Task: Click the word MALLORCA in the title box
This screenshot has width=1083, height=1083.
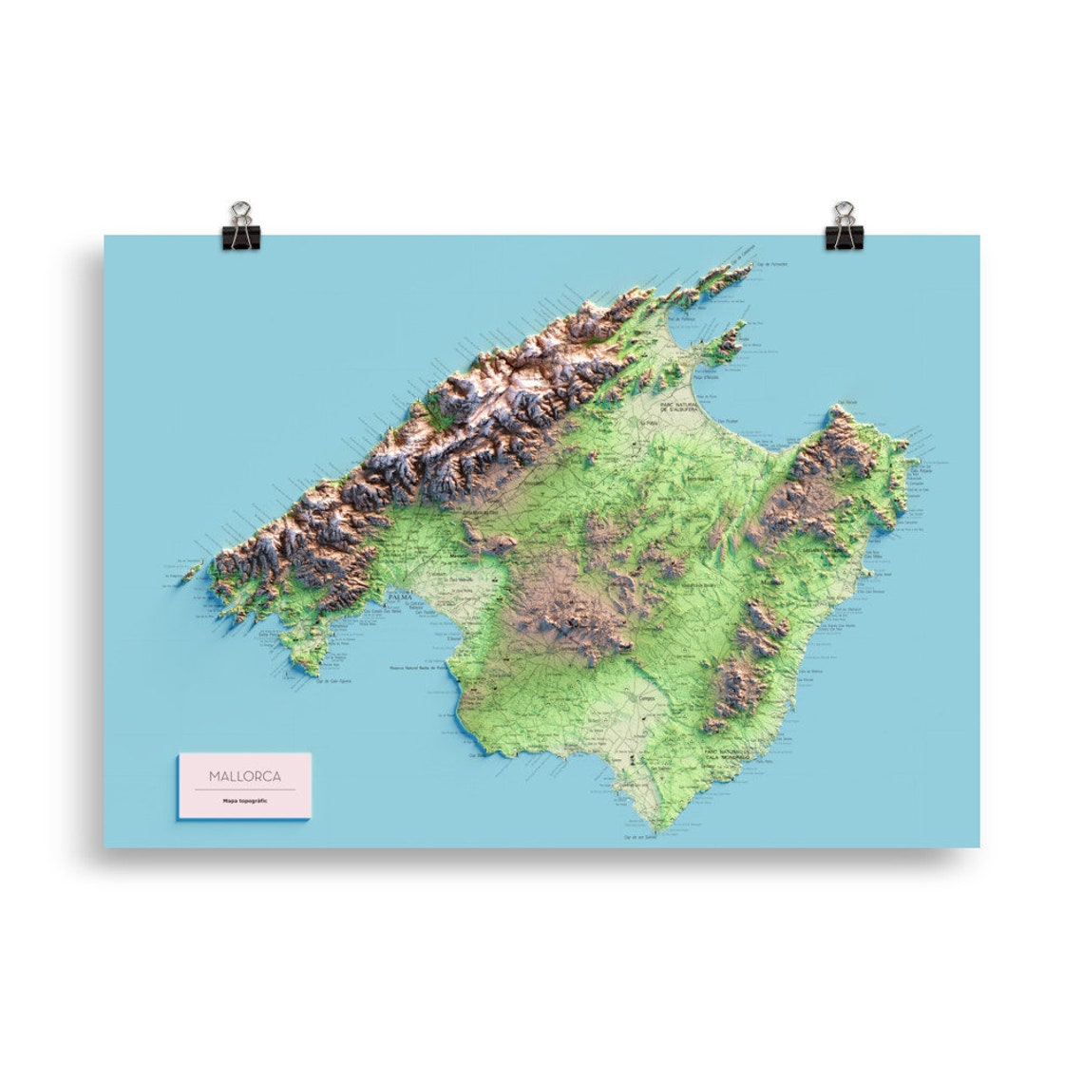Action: click(x=244, y=776)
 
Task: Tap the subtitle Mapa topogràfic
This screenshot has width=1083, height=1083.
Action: click(x=245, y=802)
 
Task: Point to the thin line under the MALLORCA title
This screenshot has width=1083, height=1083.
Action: click(x=244, y=789)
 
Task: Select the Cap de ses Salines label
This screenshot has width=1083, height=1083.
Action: click(x=641, y=837)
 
